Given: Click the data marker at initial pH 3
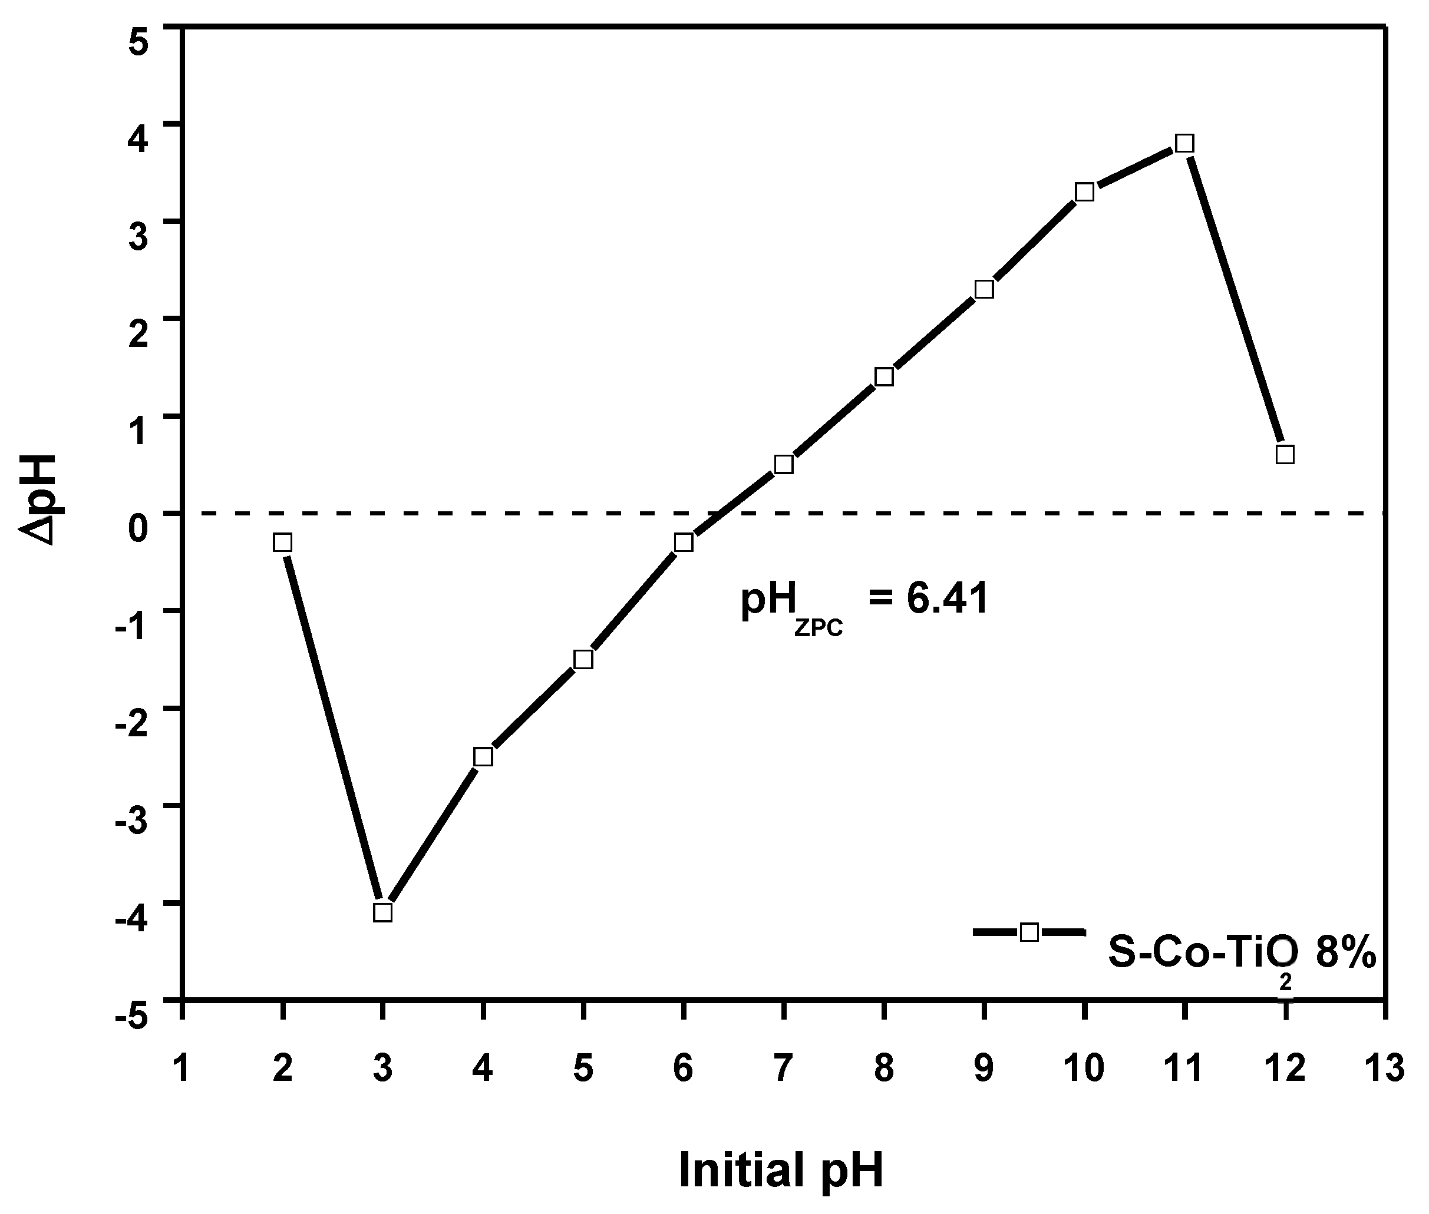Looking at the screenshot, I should (382, 912).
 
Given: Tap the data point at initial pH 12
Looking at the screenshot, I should (1285, 454).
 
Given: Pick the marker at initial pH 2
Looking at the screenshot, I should (282, 543).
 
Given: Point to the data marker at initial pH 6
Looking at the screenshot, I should (684, 543).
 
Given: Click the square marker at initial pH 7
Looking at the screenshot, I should (784, 465).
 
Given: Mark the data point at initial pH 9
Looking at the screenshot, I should (984, 289).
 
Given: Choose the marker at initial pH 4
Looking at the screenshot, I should (483, 757).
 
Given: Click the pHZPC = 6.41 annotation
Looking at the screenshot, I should (864, 600).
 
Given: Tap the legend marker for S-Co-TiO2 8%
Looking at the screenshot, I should (1029, 932).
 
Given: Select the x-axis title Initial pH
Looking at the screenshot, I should (781, 1169).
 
